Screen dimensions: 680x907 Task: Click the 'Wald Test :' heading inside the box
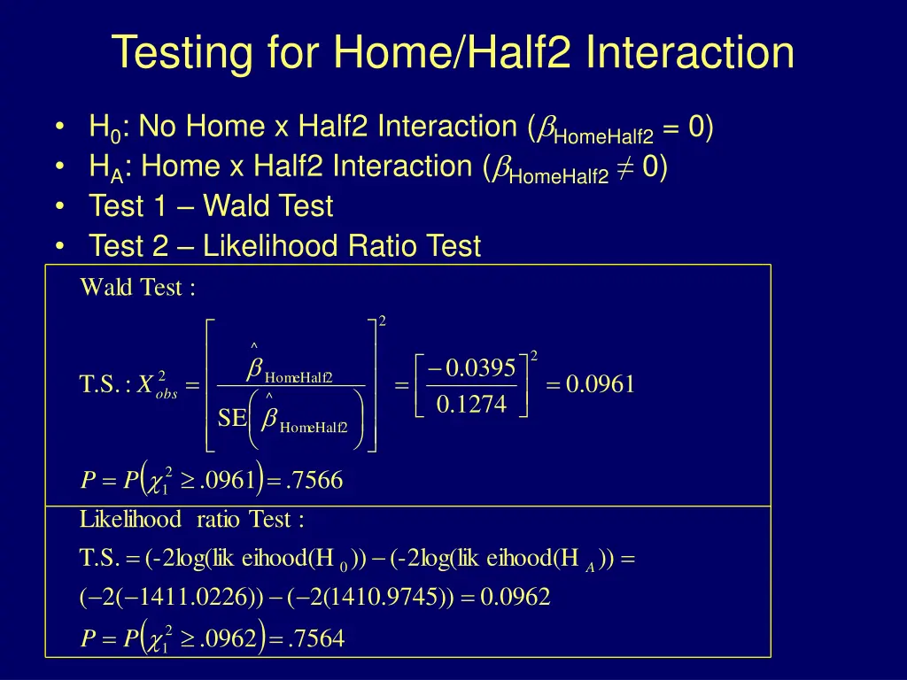[137, 288]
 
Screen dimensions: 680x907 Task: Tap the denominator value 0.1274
[472, 405]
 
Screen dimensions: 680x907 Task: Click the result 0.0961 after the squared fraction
[600, 385]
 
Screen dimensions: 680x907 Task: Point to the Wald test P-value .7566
[316, 481]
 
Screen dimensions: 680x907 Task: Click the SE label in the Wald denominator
[232, 418]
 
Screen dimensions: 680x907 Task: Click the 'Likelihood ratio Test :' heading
[192, 520]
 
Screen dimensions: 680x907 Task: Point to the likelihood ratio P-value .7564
[318, 639]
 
